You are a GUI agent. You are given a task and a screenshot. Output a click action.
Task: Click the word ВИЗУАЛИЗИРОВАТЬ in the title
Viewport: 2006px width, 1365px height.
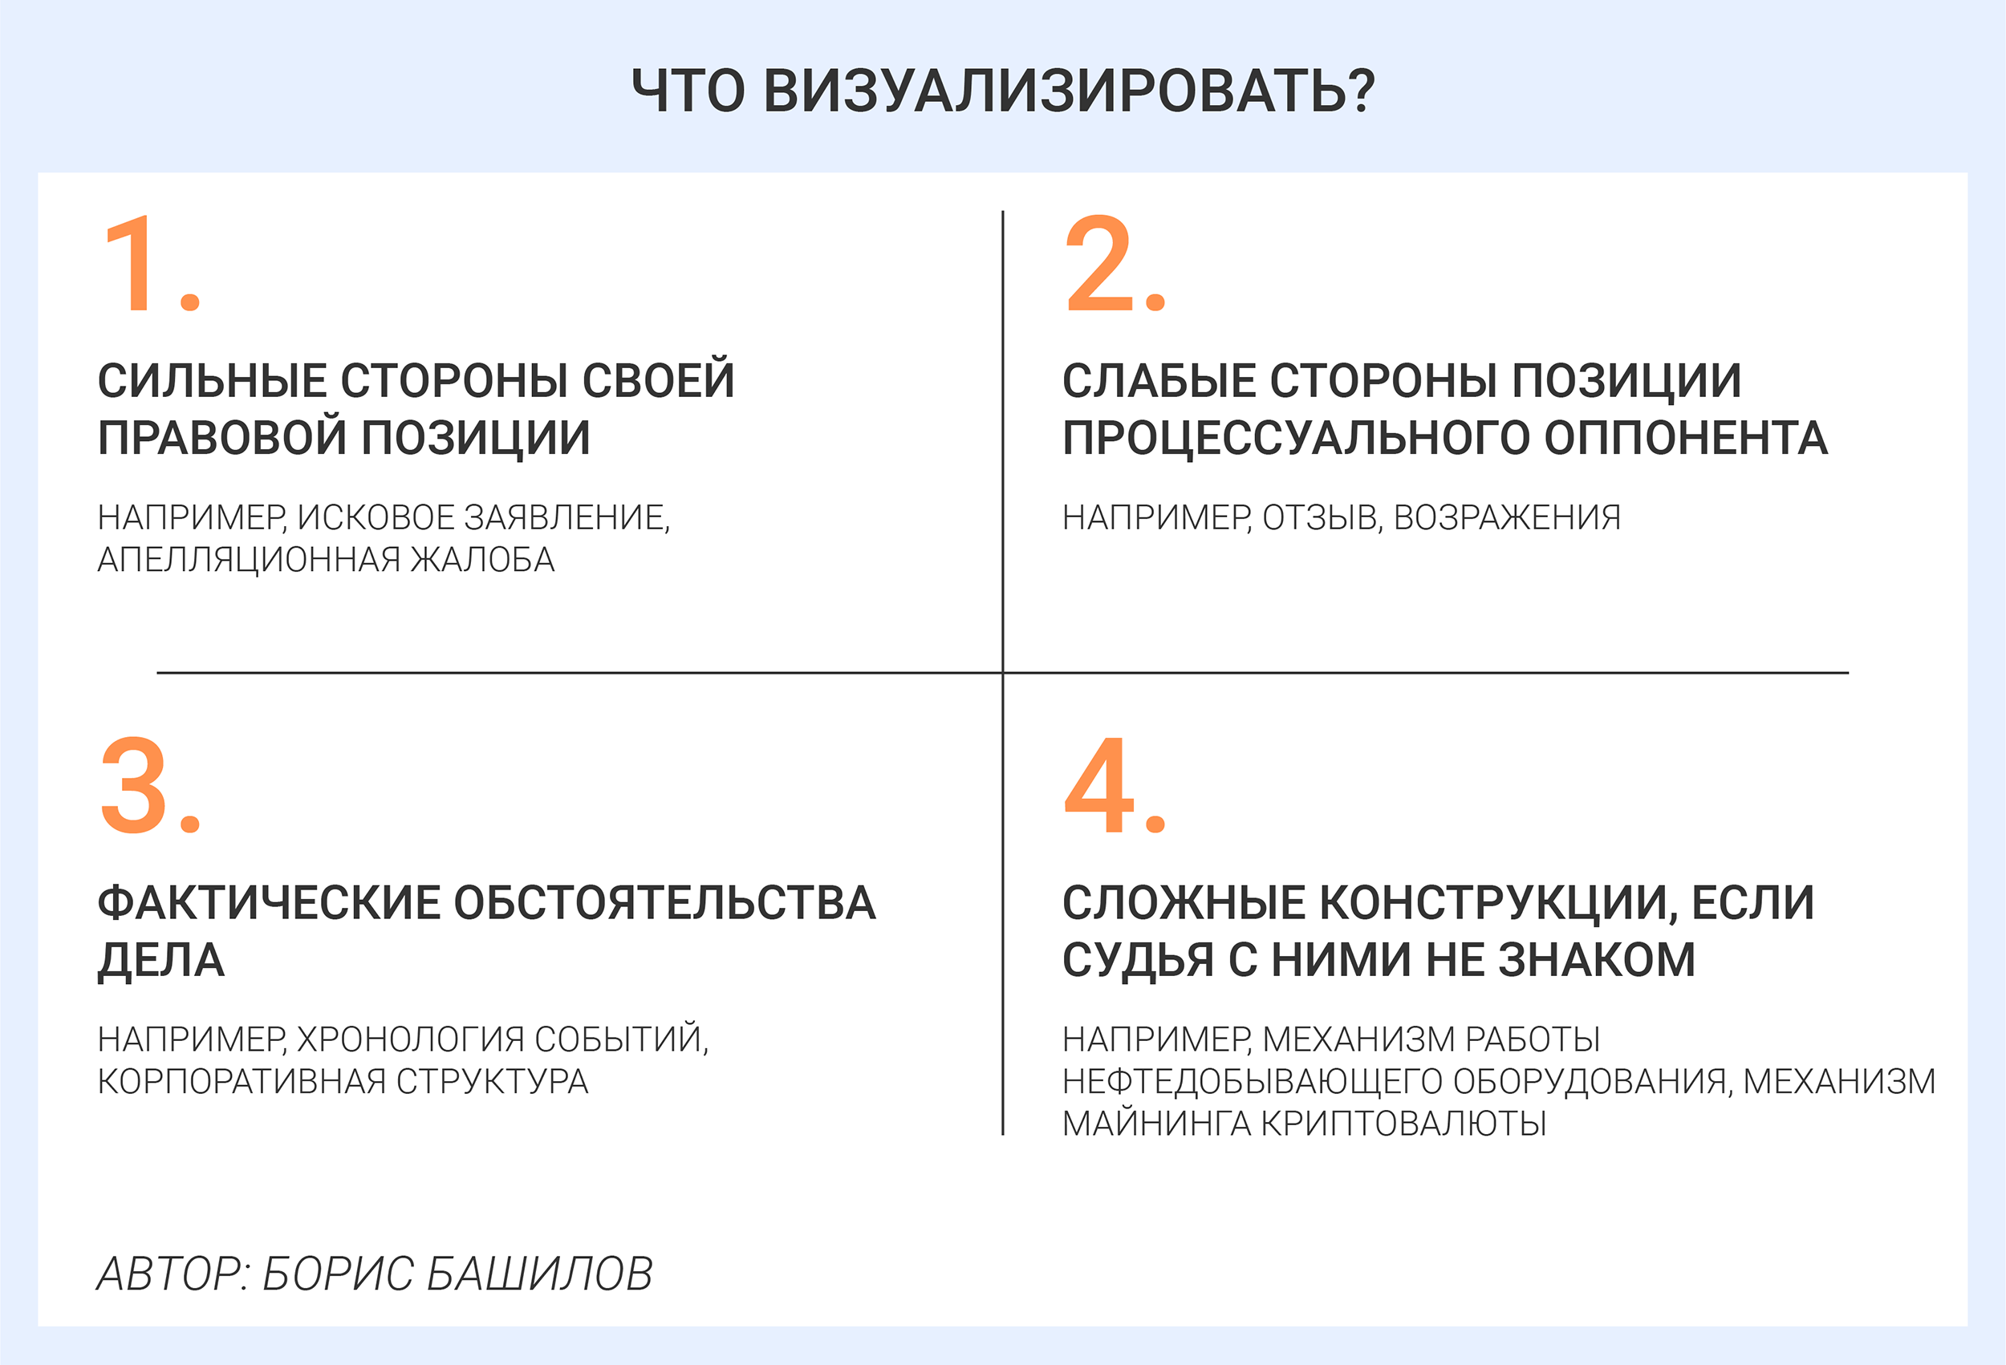(x=1070, y=91)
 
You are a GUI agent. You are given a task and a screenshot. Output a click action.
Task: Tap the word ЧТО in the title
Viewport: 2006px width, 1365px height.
(x=688, y=91)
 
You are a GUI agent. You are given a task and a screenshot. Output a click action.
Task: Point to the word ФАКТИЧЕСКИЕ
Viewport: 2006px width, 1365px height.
(x=267, y=903)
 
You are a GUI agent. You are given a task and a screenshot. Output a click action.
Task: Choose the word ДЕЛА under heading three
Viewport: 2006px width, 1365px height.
(x=161, y=960)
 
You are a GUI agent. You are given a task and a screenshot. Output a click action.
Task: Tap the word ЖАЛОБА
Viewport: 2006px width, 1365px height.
(x=481, y=560)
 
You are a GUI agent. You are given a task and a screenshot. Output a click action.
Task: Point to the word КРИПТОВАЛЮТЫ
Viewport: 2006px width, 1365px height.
(x=1403, y=1124)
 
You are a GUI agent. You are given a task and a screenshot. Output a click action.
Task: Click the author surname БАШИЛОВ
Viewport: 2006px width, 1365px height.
(x=539, y=1274)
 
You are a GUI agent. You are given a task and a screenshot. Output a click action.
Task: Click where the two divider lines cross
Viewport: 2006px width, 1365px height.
(x=1003, y=672)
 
